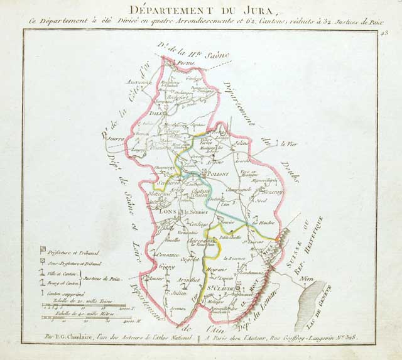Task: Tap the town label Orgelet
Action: (189, 258)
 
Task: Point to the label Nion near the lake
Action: (307, 278)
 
